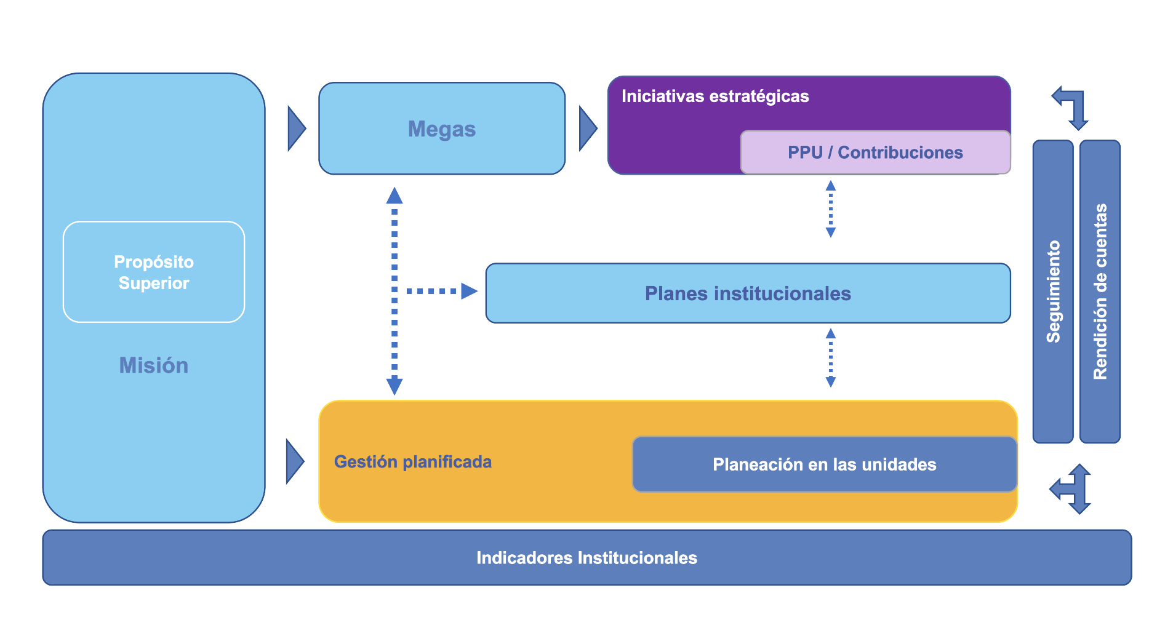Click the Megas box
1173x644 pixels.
441,129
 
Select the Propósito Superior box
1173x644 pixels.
154,272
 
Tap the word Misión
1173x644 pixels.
154,365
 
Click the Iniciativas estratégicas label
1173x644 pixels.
715,97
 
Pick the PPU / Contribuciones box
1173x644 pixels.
875,153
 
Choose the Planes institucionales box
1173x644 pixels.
748,293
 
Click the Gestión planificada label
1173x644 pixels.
412,462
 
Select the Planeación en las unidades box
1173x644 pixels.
824,464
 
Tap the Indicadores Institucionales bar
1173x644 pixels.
586,558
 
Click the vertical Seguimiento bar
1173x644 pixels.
1053,291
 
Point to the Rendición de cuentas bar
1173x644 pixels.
1100,291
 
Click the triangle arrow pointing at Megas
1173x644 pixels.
296,129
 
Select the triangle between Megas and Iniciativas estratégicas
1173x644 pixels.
588,129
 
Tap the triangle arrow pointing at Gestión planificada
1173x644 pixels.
295,461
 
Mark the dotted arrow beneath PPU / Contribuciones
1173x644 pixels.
831,209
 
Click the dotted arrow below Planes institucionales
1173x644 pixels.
831,358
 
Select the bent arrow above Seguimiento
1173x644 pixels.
1072,106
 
